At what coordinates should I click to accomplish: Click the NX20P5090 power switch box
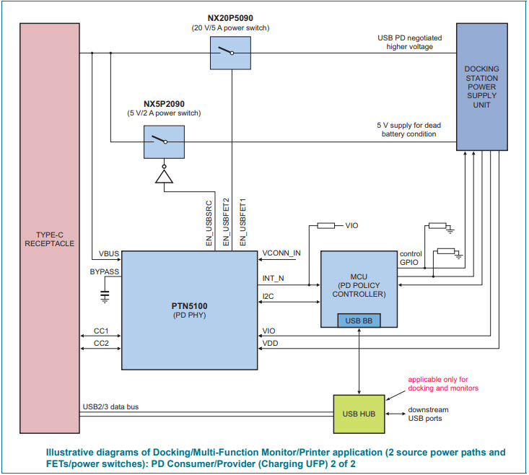pyautogui.click(x=230, y=53)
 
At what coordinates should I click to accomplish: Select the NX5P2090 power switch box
pyautogui.click(x=164, y=141)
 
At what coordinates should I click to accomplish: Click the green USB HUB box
pyautogui.click(x=359, y=414)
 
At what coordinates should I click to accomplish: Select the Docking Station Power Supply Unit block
pyautogui.click(x=482, y=87)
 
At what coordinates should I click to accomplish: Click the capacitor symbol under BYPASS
pyautogui.click(x=104, y=295)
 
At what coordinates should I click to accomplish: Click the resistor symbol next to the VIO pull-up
pyautogui.click(x=327, y=226)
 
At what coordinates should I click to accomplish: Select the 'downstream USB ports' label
pyautogui.click(x=427, y=414)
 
